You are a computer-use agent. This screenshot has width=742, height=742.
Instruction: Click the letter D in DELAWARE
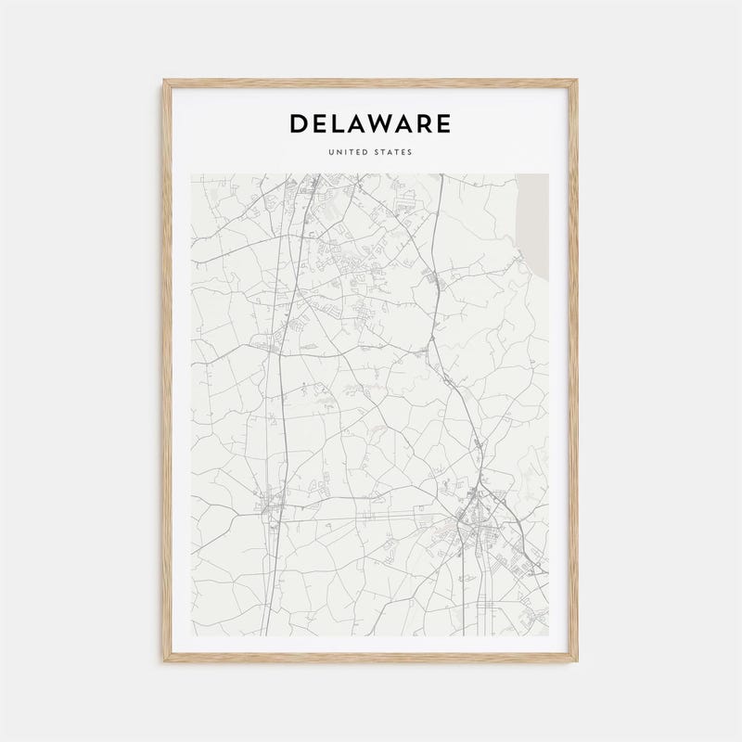point(300,123)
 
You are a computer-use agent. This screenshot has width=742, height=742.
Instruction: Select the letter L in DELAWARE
point(340,123)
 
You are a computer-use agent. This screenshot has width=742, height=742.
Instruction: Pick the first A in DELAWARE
point(361,123)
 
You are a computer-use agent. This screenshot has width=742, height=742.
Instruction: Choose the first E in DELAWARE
point(321,123)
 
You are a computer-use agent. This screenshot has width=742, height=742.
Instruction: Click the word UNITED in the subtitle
point(349,152)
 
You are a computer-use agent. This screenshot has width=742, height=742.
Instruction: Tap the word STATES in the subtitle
point(394,152)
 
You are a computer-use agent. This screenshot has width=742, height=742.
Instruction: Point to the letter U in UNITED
point(331,152)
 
